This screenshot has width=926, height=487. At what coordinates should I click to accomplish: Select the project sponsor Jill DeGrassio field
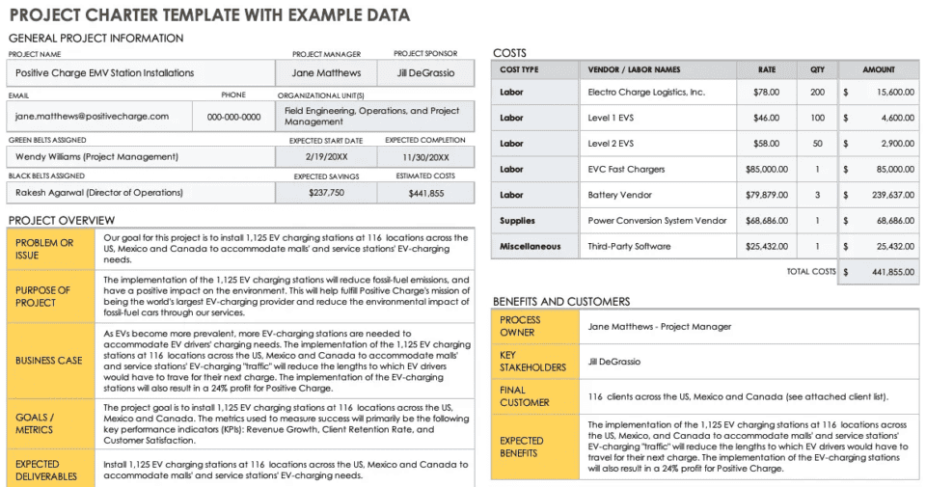[425, 73]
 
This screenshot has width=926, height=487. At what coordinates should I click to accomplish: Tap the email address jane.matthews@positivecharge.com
[92, 117]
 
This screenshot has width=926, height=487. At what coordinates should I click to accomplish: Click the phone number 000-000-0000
[233, 117]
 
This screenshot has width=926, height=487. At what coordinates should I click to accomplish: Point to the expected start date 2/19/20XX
[325, 157]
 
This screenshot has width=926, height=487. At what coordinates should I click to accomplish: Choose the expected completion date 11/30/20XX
[425, 157]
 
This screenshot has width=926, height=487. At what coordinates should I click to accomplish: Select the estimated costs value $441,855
[425, 193]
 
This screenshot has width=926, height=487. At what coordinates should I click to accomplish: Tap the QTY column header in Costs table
[817, 70]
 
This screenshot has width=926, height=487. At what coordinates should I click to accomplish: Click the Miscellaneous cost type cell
[531, 247]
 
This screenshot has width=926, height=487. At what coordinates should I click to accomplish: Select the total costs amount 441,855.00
[878, 273]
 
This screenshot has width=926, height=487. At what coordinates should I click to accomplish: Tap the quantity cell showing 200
[817, 93]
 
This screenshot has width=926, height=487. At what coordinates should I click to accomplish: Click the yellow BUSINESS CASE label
[49, 361]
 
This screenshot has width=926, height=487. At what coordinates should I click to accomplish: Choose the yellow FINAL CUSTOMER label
[525, 396]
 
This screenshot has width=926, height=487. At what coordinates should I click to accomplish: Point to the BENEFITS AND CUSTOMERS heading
[560, 302]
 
